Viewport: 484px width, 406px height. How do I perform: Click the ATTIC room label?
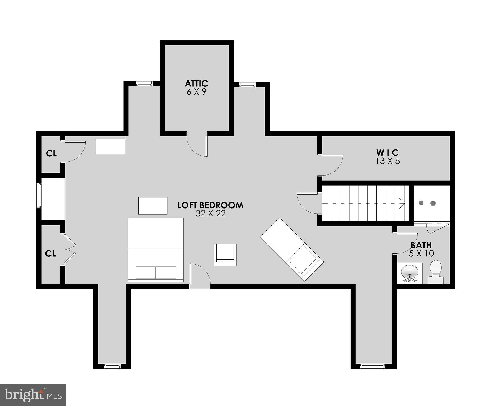click(196, 84)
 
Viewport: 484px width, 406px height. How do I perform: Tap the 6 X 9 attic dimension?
click(196, 92)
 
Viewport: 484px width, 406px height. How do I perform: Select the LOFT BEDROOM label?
click(210, 205)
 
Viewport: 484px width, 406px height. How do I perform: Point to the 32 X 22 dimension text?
click(210, 214)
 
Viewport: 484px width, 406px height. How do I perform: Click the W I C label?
click(388, 153)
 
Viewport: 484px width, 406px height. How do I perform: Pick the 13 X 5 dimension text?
click(388, 161)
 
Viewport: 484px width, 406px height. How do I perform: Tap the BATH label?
click(421, 245)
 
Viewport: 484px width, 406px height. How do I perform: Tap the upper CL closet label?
click(51, 154)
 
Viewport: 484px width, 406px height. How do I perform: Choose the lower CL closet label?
click(50, 254)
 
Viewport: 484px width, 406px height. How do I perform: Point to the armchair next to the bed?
click(225, 255)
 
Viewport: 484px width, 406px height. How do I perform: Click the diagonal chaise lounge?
click(292, 249)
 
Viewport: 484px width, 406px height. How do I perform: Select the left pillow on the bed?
click(146, 273)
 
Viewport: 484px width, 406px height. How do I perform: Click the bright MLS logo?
click(33, 395)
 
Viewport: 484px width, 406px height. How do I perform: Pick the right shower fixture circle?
click(433, 203)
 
